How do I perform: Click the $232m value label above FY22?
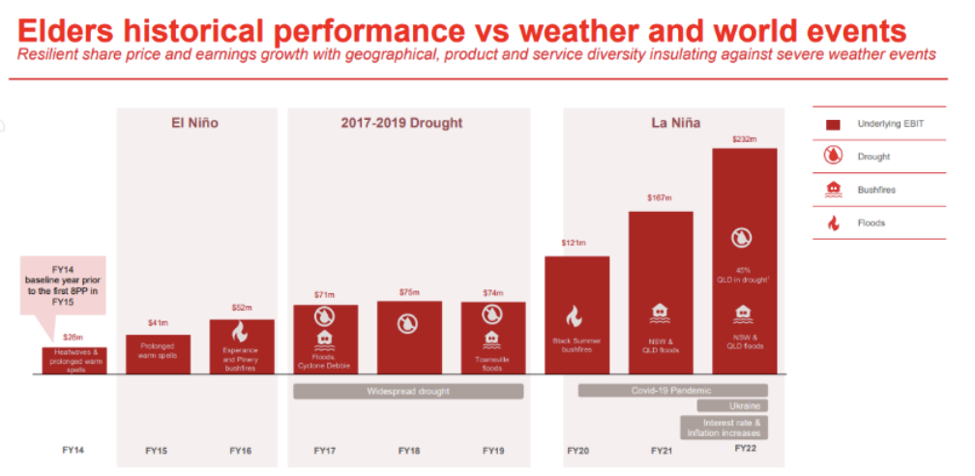744,140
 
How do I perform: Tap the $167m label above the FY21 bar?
661,198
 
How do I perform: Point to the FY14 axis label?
74,451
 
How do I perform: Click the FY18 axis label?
409,451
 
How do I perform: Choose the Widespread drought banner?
408,391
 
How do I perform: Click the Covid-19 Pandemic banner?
673,391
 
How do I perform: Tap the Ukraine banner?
744,406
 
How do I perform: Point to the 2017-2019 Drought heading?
401,123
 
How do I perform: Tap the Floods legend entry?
871,223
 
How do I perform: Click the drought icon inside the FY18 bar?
409,323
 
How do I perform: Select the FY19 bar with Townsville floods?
492,338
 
